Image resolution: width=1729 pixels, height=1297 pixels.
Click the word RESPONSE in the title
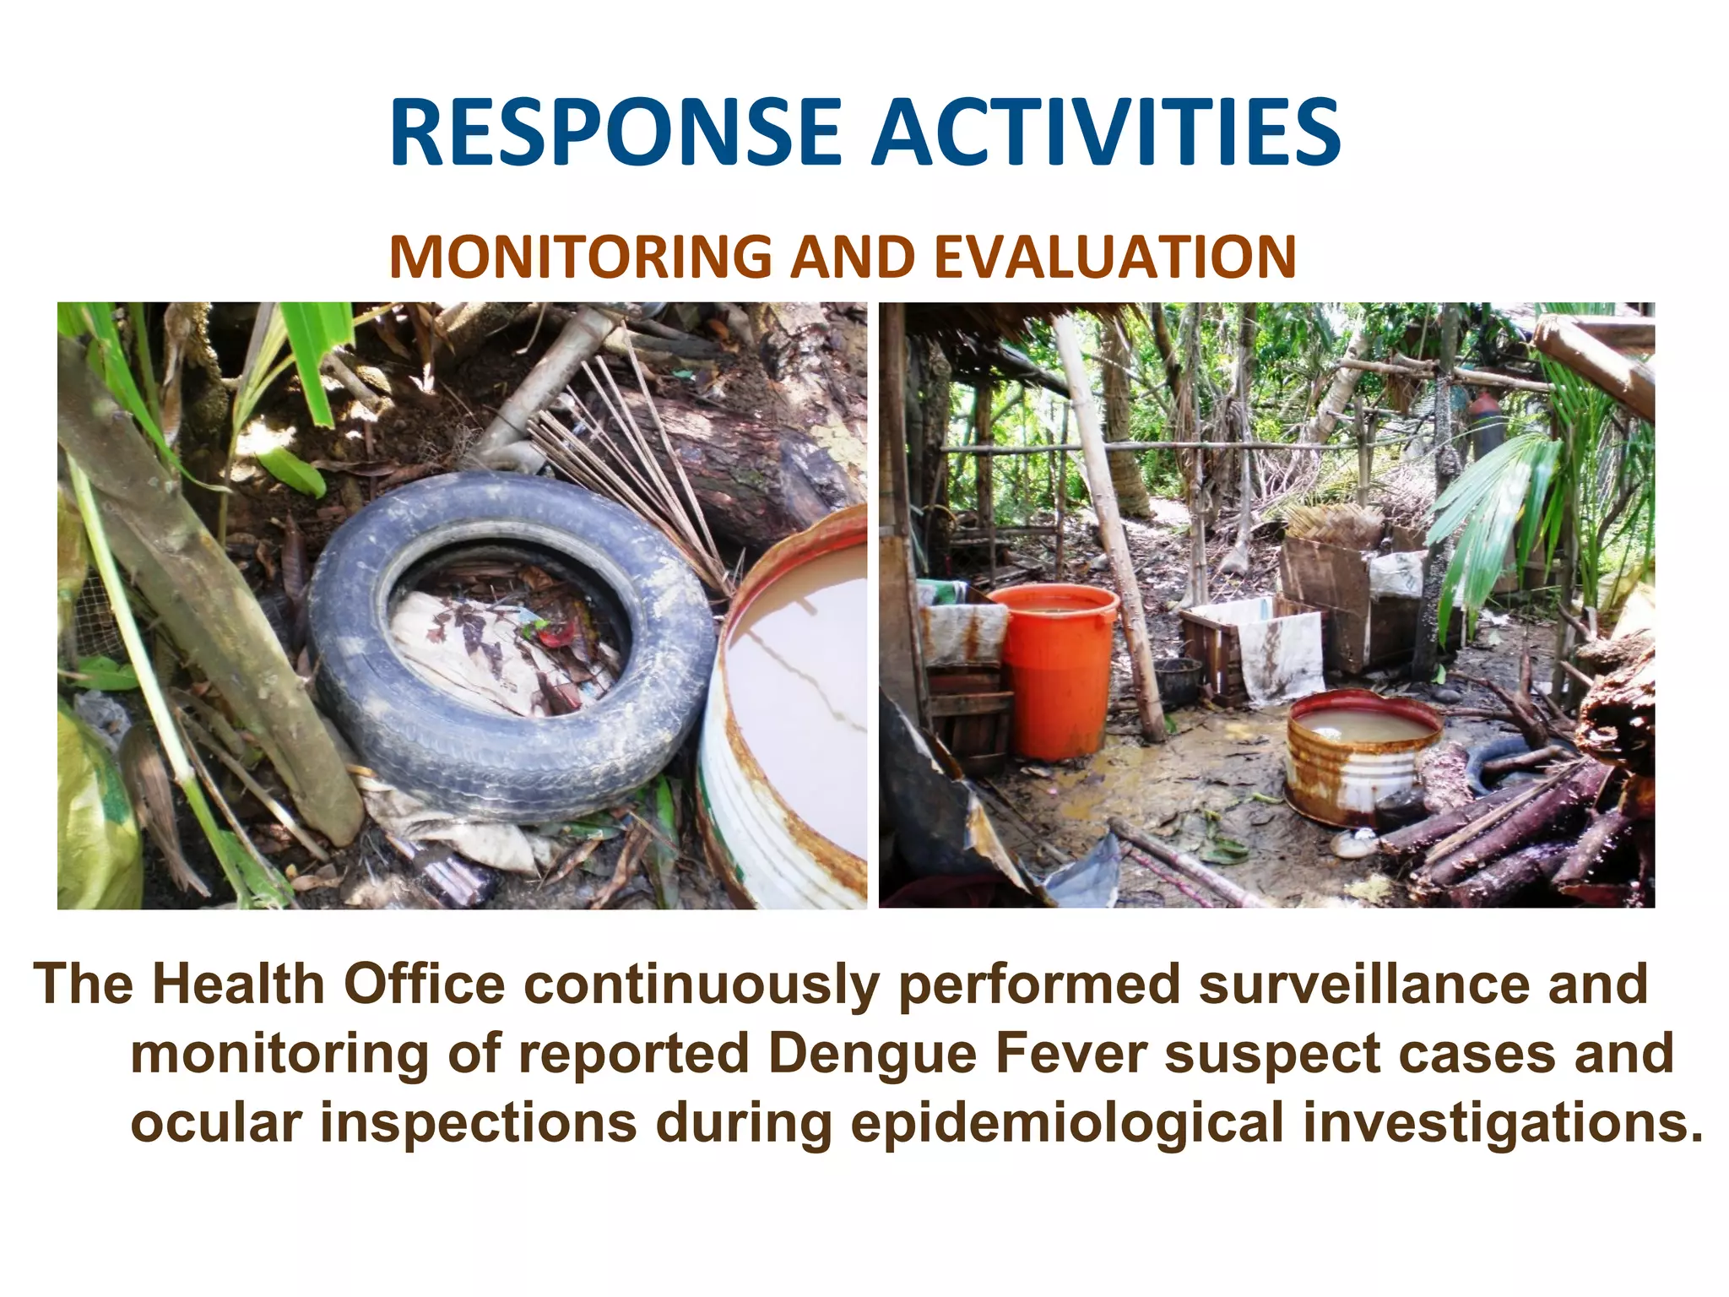click(x=615, y=133)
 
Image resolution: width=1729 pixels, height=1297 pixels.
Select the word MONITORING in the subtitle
click(x=580, y=257)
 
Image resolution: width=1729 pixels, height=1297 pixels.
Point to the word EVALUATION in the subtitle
click(x=1115, y=257)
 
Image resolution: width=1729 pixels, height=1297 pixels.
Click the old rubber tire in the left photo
click(x=511, y=642)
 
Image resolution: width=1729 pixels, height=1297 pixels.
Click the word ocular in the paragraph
click(x=216, y=1123)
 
